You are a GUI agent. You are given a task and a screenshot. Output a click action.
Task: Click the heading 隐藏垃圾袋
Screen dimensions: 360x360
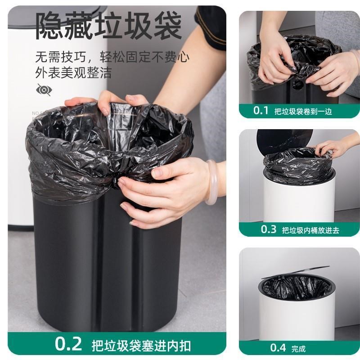coord(108,25)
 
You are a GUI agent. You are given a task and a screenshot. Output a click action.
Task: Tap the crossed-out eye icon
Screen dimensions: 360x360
coord(44,90)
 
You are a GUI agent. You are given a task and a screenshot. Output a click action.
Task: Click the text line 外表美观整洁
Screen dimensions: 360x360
coord(73,72)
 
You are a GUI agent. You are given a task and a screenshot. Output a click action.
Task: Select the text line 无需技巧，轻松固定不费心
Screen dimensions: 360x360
coord(112,57)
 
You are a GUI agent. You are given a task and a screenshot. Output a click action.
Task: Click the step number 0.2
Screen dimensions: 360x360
coord(69,344)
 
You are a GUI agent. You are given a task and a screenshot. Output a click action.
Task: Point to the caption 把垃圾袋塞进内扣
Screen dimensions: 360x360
coord(141,346)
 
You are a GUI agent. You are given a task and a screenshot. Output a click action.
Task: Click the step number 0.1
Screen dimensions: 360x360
coord(261,110)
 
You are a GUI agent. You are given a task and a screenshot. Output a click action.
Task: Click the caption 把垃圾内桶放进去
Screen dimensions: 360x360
coord(310,230)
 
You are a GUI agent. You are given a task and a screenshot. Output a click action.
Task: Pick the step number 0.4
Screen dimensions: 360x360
coord(278,347)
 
